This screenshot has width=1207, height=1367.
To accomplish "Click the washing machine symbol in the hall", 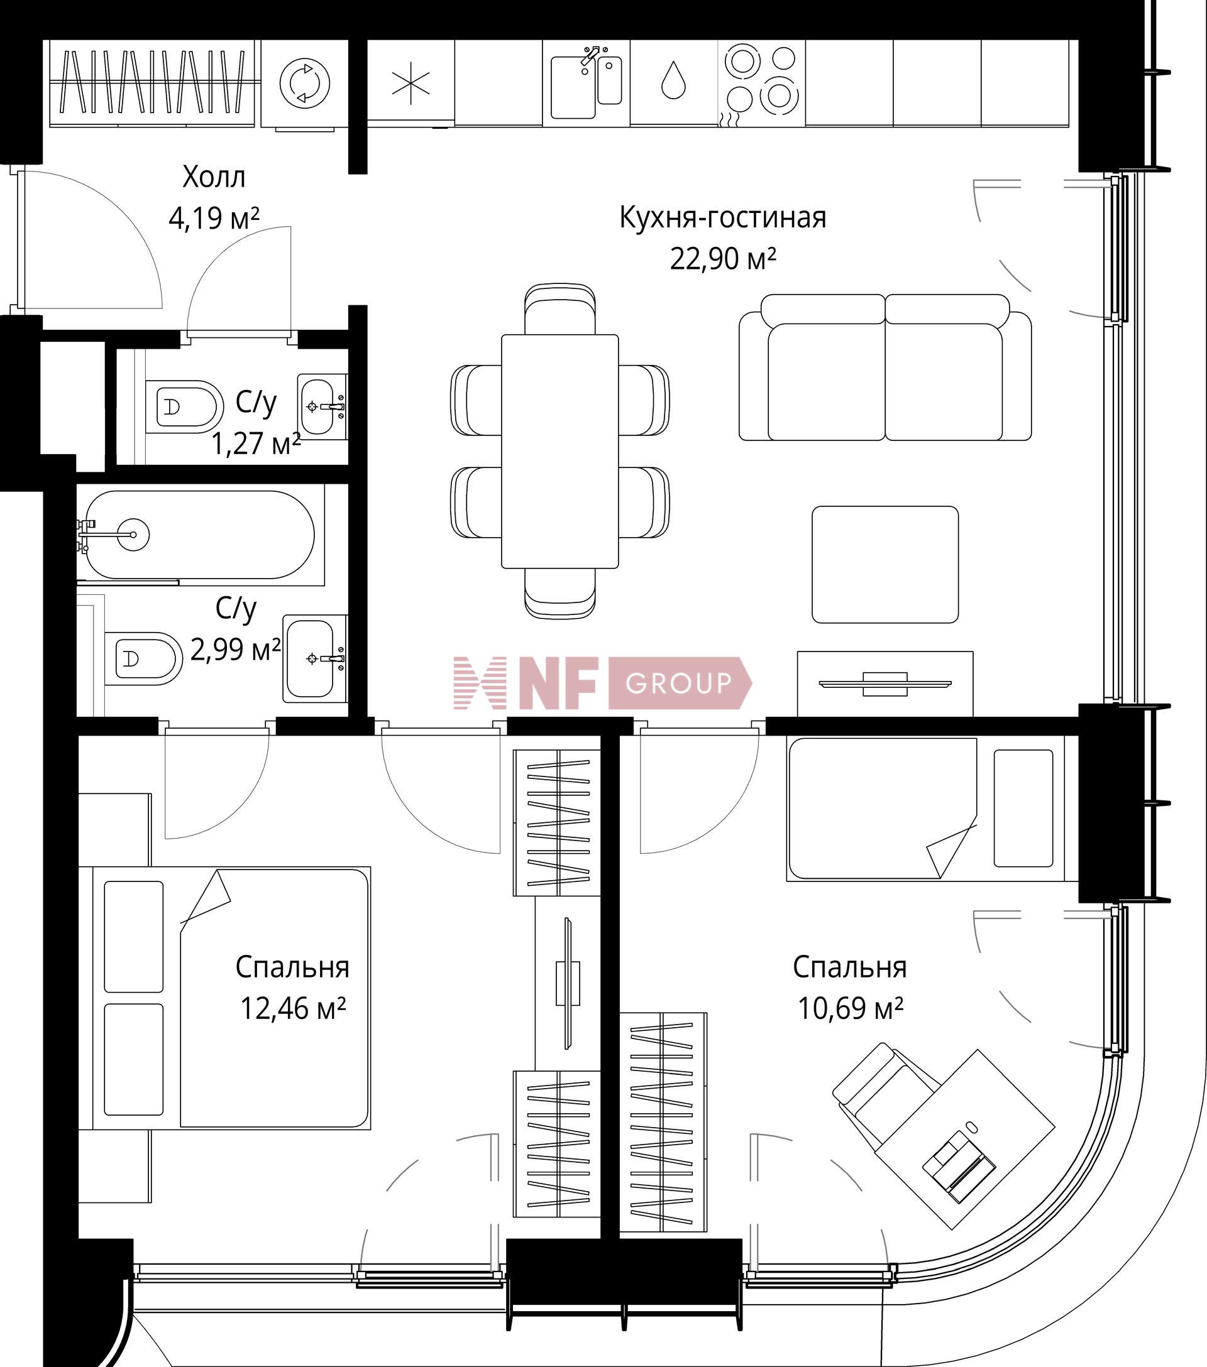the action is point(304,84).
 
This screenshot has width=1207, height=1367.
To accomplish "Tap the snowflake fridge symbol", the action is point(411,84).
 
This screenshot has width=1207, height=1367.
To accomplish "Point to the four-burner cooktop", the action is point(761,84).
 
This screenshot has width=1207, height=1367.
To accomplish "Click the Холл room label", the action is point(214,177).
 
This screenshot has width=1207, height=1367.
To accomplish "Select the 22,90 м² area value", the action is point(724,258).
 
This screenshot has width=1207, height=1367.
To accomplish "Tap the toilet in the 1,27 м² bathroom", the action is point(184,406).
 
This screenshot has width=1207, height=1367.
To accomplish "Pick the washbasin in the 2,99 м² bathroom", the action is point(314,658).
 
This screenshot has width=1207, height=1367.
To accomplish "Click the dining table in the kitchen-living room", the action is point(560,451).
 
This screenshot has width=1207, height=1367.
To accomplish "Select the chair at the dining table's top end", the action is point(560,308).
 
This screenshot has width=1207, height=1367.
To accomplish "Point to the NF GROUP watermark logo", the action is point(602,683).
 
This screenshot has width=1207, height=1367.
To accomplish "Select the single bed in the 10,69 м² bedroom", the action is point(925,809).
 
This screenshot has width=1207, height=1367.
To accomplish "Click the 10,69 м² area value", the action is point(851,1008).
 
